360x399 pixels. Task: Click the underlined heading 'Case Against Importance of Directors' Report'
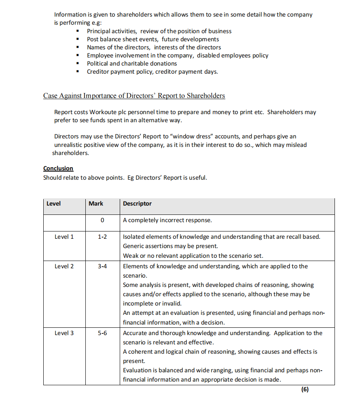(134, 96)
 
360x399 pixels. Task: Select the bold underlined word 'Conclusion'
(58, 168)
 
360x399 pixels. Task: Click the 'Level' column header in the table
(53, 204)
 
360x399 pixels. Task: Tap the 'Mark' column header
(96, 204)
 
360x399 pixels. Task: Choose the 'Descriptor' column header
(137, 204)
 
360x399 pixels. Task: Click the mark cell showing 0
(102, 221)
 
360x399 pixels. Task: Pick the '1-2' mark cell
(102, 237)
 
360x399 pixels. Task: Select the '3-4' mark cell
(102, 266)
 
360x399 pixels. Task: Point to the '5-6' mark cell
(102, 333)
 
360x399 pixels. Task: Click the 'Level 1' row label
(64, 237)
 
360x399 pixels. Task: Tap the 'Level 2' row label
(64, 266)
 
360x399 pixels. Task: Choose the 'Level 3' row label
(64, 333)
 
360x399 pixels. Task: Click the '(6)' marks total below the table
(305, 390)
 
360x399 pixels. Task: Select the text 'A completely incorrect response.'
(167, 221)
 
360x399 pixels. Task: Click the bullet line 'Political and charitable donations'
(132, 64)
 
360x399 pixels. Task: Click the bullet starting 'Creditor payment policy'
(152, 72)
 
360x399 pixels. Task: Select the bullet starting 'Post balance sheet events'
(153, 39)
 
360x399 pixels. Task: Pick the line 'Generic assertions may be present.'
(170, 246)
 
